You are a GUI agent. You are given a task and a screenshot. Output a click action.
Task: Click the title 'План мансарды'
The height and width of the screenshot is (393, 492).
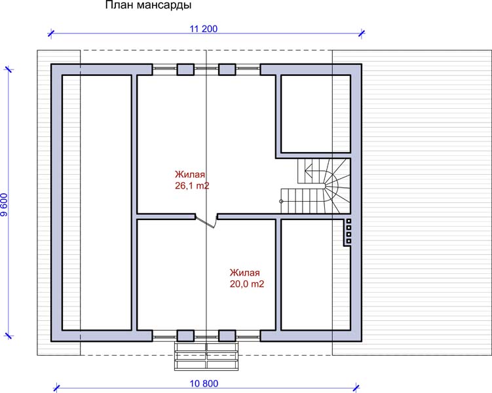148,5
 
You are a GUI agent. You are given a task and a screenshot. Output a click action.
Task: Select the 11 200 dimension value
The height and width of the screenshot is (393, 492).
203,29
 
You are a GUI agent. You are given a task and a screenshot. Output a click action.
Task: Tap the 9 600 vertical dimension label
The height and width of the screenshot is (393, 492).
4,205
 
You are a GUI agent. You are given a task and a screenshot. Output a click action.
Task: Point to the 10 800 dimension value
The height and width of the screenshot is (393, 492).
204,384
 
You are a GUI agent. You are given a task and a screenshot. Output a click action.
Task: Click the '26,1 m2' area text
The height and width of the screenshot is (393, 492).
192,185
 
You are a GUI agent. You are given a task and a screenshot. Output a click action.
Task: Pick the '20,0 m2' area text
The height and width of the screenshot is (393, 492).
247,284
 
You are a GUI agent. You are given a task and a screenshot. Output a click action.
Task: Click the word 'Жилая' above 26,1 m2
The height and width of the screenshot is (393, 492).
190,174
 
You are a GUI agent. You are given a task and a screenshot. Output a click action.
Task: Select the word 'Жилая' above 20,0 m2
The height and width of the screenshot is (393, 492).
245,272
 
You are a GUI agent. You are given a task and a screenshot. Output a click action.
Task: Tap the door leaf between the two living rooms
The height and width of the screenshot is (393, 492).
205,222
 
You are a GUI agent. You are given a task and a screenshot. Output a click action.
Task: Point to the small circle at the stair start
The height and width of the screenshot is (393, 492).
282,201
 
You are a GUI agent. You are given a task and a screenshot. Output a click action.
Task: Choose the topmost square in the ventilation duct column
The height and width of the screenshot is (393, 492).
349,221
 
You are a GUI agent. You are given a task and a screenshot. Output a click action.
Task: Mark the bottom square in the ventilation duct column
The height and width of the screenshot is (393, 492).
349,241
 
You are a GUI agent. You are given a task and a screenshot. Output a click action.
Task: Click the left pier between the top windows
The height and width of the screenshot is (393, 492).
185,69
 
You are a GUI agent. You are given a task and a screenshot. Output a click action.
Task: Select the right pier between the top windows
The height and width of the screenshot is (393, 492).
227,69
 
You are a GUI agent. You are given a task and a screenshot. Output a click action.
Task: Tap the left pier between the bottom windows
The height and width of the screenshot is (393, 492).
185,335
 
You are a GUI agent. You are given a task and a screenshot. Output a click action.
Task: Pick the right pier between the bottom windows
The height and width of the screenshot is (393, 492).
227,335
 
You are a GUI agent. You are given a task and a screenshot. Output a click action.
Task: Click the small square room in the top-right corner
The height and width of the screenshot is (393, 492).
316,114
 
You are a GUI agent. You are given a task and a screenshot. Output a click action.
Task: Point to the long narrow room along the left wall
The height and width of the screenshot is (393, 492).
97,202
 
